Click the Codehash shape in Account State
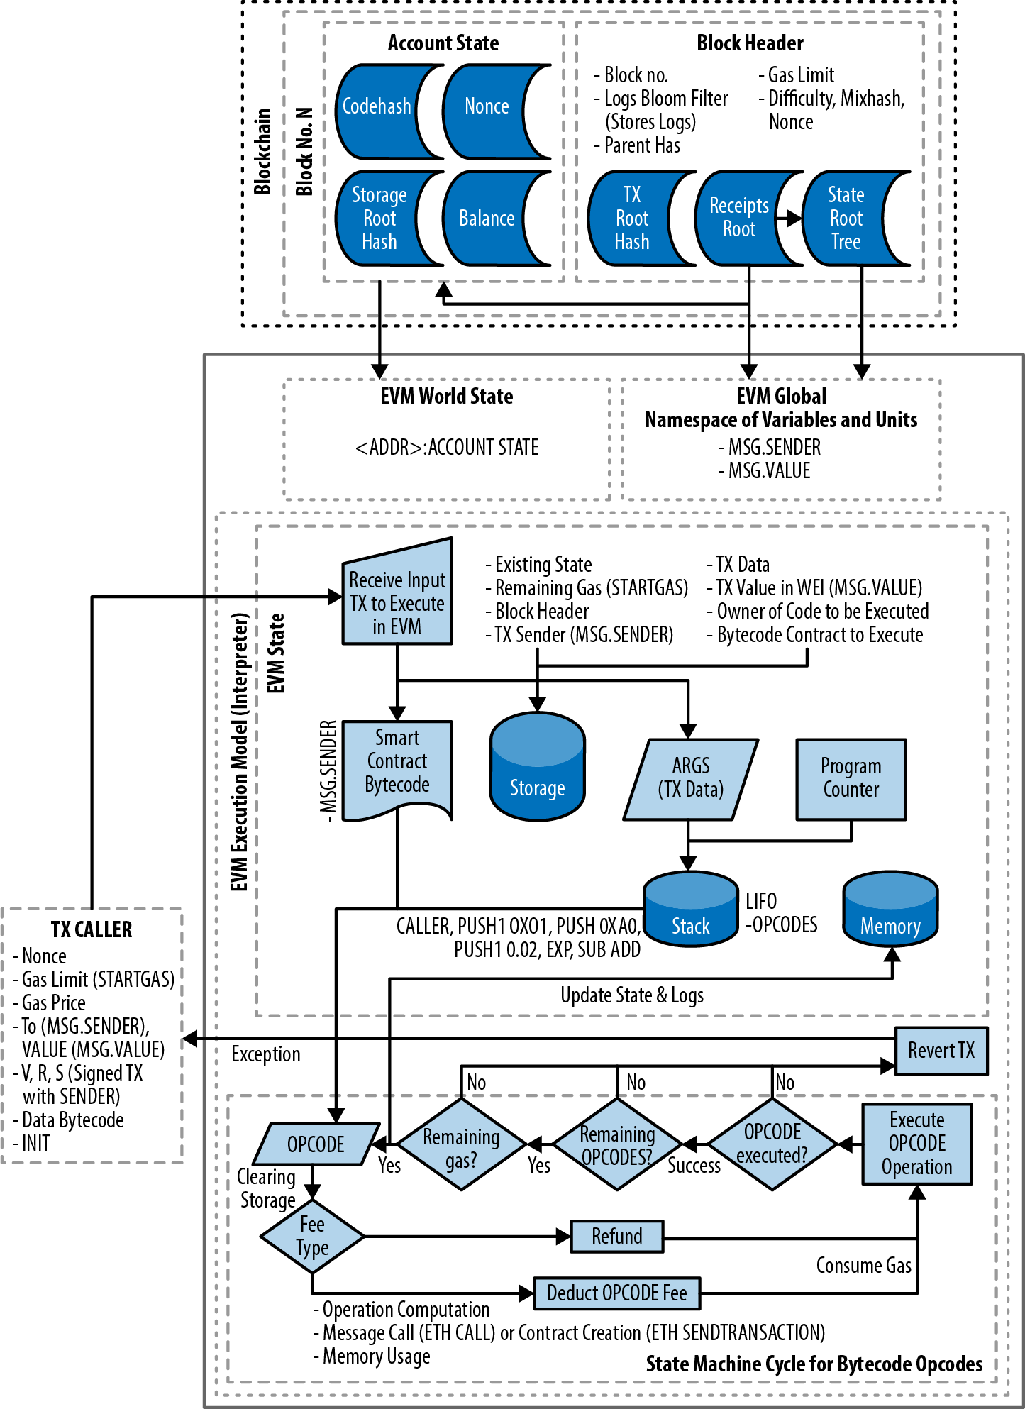pyautogui.click(x=377, y=107)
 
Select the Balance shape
pyautogui.click(x=487, y=219)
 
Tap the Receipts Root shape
pyautogui.click(x=738, y=218)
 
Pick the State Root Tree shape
pyautogui.click(x=846, y=219)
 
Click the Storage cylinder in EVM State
pyautogui.click(x=537, y=770)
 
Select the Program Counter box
pyautogui.click(x=851, y=778)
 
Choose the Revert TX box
pyautogui.click(x=941, y=1050)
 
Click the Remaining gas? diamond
pyautogui.click(x=461, y=1144)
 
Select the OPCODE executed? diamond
pyautogui.click(x=772, y=1144)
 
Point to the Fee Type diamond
pyautogui.click(x=312, y=1236)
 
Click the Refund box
pyautogui.click(x=616, y=1236)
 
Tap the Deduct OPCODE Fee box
pyautogui.click(x=616, y=1293)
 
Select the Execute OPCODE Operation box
pyautogui.click(x=916, y=1144)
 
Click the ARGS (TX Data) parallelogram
pyautogui.click(x=690, y=778)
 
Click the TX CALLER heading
pyautogui.click(x=92, y=929)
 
